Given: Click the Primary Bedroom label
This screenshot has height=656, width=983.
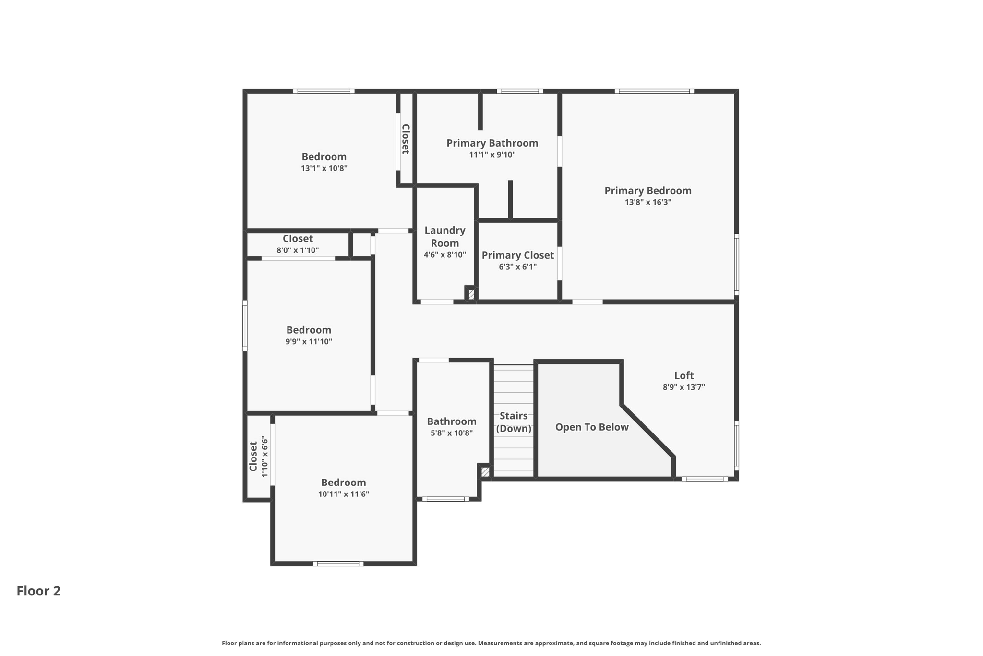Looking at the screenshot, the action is pos(648,191).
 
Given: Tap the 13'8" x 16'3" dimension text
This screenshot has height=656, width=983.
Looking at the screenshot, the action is pos(648,202).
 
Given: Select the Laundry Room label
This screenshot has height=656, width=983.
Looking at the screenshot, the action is pos(445,236).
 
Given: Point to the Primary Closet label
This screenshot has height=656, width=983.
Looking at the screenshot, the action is pos(518,255).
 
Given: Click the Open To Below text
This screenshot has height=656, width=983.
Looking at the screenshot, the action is pos(592,427).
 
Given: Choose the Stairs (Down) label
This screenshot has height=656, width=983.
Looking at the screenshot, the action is pos(514,422).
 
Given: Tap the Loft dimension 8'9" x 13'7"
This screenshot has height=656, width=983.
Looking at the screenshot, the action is pos(684,387).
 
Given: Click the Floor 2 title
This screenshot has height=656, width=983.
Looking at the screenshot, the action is pos(39,591).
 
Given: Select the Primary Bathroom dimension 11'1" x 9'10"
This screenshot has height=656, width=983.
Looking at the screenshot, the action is pos(492,155).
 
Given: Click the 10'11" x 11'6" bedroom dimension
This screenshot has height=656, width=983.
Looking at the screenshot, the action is pos(344,494).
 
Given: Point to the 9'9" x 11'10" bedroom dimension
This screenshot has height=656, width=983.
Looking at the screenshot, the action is pos(309,342).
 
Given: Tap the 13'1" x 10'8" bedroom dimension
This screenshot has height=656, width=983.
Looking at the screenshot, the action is pos(324,168).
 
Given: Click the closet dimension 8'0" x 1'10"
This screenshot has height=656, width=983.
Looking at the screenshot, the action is pos(298,250).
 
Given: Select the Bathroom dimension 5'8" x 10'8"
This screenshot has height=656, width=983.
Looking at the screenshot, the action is pos(452,433).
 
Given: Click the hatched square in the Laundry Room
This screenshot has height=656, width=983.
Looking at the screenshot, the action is pos(471,294).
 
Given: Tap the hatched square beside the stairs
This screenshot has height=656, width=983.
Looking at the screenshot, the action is pos(485,472).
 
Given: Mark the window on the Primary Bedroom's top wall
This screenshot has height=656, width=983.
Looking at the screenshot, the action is pos(654,91).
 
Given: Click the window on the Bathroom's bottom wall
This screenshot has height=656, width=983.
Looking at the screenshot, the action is pos(446,499).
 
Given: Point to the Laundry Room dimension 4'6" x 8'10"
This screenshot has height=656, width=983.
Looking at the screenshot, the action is pos(445,255).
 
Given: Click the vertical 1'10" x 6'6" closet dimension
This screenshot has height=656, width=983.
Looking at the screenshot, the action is pos(264,457).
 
